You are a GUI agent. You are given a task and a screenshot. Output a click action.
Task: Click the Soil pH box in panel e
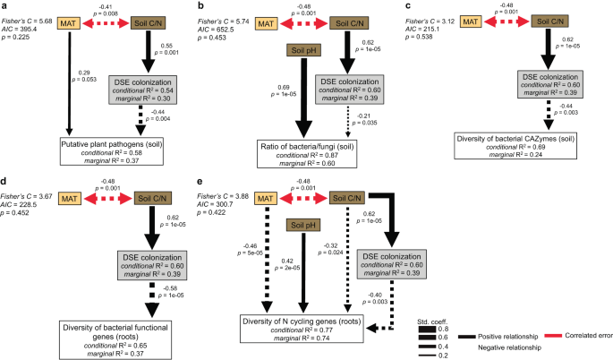[x=302, y=226]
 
